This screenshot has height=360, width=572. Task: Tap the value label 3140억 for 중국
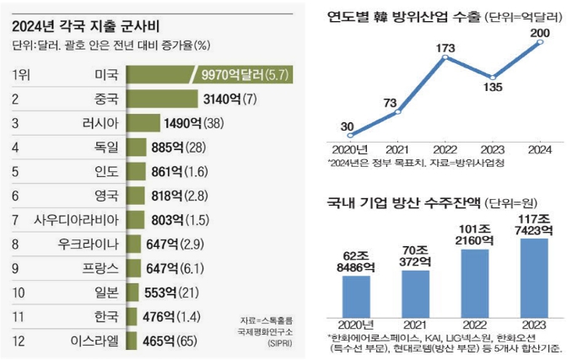tap(225, 99)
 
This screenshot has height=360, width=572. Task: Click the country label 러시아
tap(100, 124)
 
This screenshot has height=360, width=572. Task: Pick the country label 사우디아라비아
tap(75, 220)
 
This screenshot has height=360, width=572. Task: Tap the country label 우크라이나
tap(87, 244)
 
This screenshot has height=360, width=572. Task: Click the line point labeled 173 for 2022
tap(445, 57)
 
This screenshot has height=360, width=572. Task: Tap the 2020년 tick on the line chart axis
tap(349, 148)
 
